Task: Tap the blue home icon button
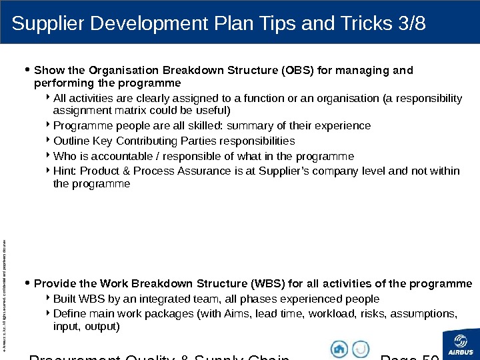pyautogui.click(x=339, y=349)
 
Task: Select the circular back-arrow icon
pyautogui.click(x=361, y=349)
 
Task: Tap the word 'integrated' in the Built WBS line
pyautogui.click(x=157, y=299)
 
